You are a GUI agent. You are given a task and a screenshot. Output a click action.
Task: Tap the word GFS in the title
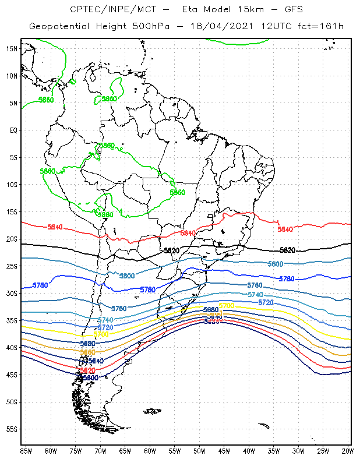pos(291,10)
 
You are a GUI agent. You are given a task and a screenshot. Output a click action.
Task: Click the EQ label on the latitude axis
pos(13,130)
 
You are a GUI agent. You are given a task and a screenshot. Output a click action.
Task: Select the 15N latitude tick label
pos(12,49)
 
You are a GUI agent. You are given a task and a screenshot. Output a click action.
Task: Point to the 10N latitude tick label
pos(12,76)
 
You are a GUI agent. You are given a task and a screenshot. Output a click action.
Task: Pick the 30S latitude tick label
pos(12,294)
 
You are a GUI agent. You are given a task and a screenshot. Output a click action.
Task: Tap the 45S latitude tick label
pos(12,375)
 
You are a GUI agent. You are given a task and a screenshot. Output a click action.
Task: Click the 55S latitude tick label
pos(12,429)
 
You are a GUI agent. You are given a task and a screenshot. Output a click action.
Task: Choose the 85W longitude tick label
pos(26,451)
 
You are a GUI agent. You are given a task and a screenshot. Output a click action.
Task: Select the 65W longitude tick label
pos(125,451)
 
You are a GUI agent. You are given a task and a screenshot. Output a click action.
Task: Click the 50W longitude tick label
pos(199,451)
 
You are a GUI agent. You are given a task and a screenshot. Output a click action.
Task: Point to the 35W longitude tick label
pos(274,451)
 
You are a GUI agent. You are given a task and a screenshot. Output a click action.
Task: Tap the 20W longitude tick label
pos(348,451)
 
